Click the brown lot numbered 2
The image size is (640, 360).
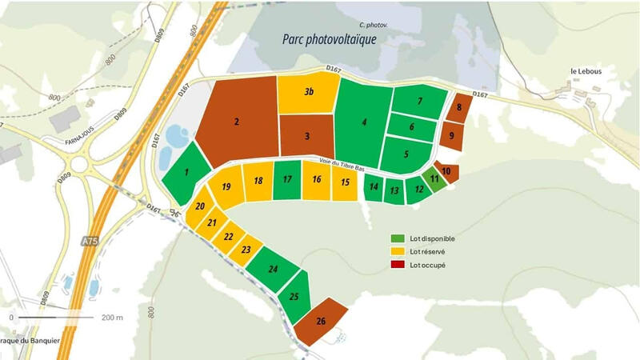(x=237, y=122)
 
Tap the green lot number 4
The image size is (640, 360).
(x=364, y=122)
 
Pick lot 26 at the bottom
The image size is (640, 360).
(x=321, y=322)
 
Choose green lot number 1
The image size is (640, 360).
(x=186, y=171)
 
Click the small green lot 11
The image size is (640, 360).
(x=434, y=179)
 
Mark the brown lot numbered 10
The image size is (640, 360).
(x=446, y=171)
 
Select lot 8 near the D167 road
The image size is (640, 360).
(x=458, y=107)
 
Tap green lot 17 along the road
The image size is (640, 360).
(x=286, y=180)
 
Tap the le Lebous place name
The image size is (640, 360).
(x=586, y=71)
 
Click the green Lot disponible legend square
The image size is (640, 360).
(x=398, y=238)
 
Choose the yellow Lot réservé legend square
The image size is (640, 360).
(x=398, y=251)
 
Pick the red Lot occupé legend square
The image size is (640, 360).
(x=398, y=265)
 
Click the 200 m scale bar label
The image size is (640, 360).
(x=113, y=317)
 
